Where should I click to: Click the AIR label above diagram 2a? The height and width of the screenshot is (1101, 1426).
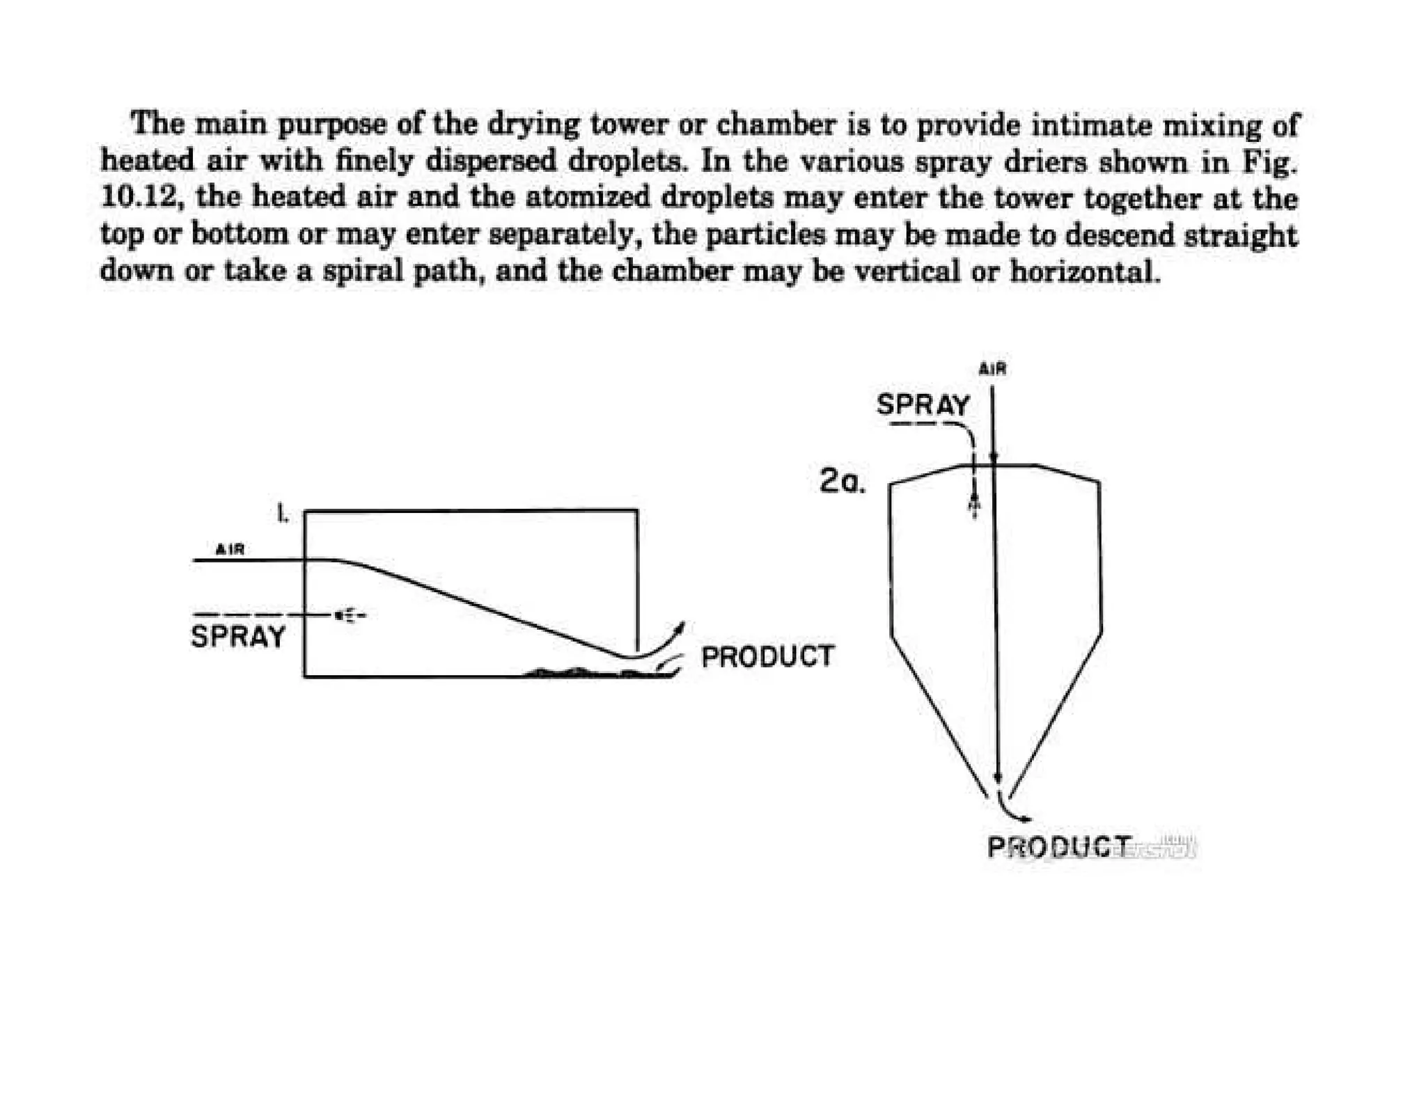pyautogui.click(x=992, y=369)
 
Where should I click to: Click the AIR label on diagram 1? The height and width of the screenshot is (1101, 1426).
pyautogui.click(x=230, y=549)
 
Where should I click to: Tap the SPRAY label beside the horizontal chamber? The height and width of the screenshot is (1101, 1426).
pyautogui.click(x=238, y=636)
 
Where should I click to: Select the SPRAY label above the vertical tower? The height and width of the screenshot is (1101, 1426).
pyautogui.click(x=923, y=404)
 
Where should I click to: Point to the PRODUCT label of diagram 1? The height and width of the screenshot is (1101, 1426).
pyautogui.click(x=767, y=656)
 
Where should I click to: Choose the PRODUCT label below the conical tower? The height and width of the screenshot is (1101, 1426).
pyautogui.click(x=1058, y=847)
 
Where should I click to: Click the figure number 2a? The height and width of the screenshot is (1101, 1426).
pyautogui.click(x=842, y=480)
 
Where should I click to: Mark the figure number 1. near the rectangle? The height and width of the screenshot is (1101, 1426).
pyautogui.click(x=282, y=514)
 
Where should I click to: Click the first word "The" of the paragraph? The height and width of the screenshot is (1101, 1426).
pyautogui.click(x=158, y=125)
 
